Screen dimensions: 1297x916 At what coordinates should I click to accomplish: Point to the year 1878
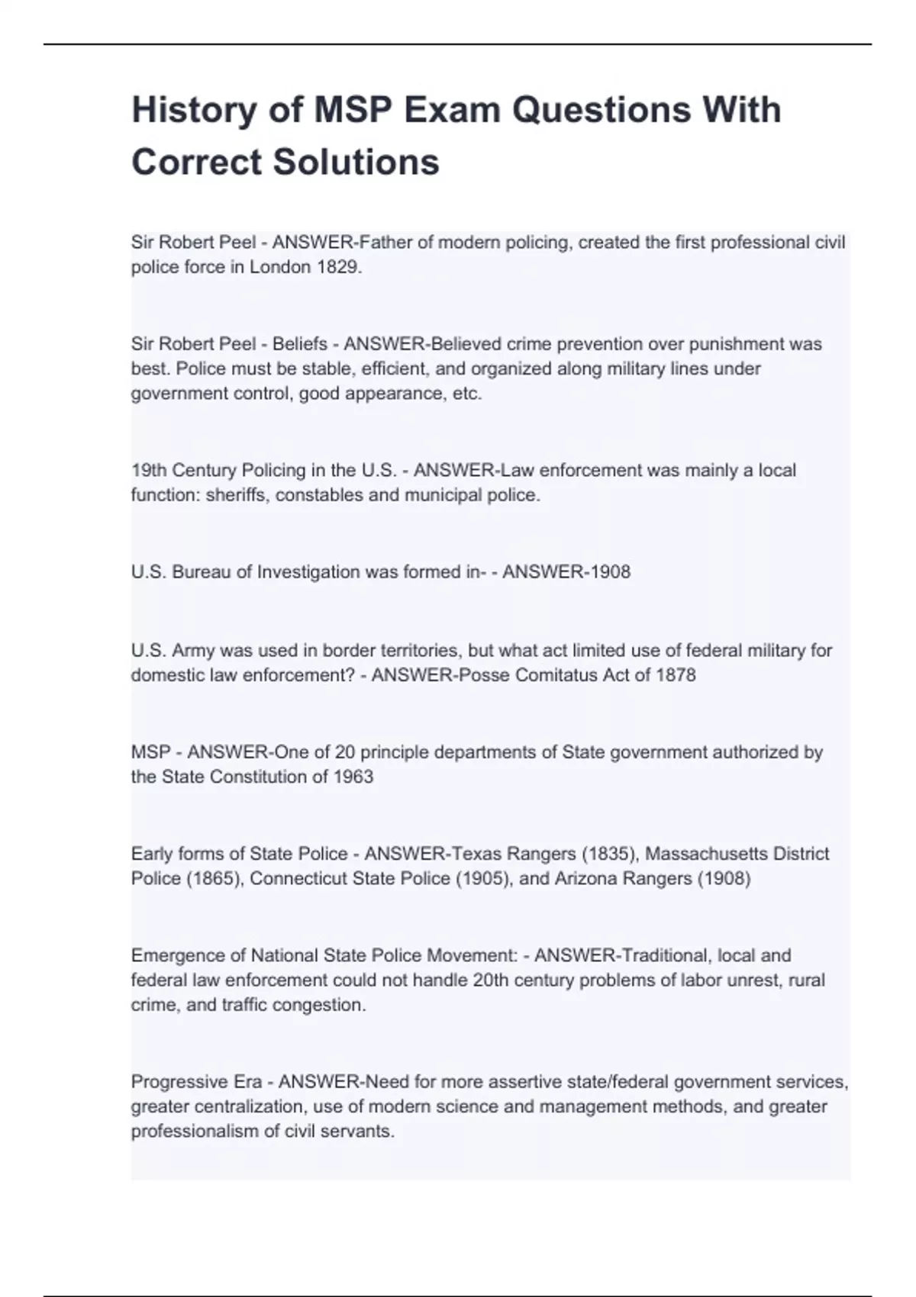pos(676,675)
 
